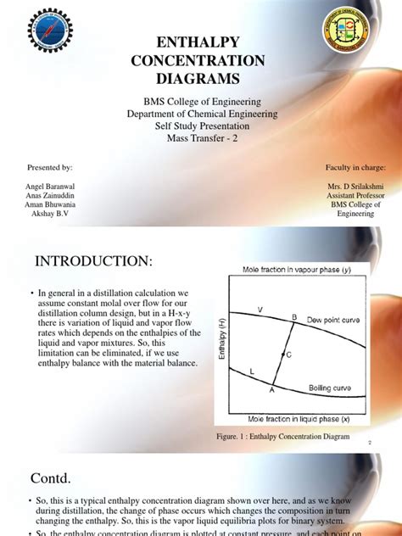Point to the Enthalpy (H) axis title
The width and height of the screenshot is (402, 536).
point(222,345)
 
